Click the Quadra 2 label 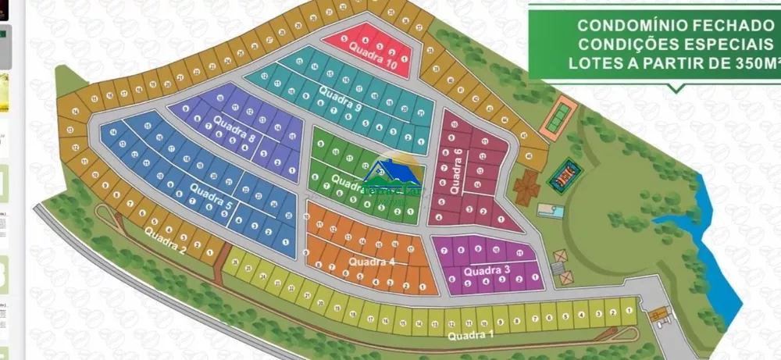pyautogui.click(x=164, y=243)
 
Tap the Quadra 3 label pyautogui.click(x=487, y=271)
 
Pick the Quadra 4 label pyautogui.click(x=373, y=262)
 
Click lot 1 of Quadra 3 pyautogui.click(x=534, y=276)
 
